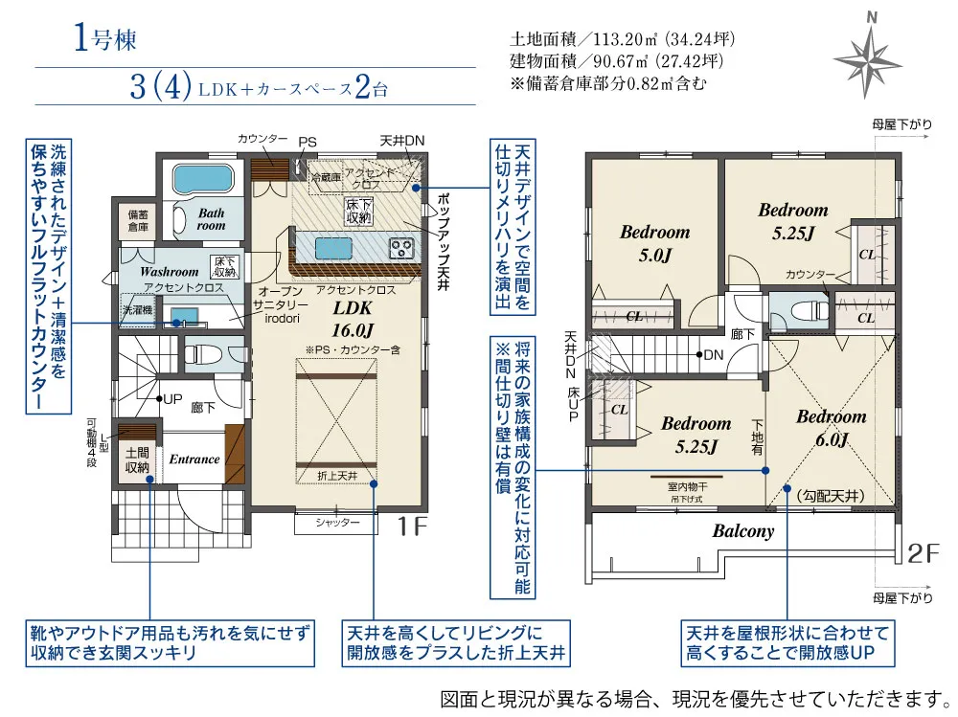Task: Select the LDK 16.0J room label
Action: [352, 317]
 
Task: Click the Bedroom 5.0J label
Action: [654, 243]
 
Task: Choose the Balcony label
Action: [742, 532]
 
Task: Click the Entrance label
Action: [194, 459]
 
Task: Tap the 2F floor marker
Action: [924, 553]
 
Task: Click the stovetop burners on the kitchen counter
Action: [401, 248]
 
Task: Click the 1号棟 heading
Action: [104, 40]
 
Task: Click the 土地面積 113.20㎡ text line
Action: [622, 41]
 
